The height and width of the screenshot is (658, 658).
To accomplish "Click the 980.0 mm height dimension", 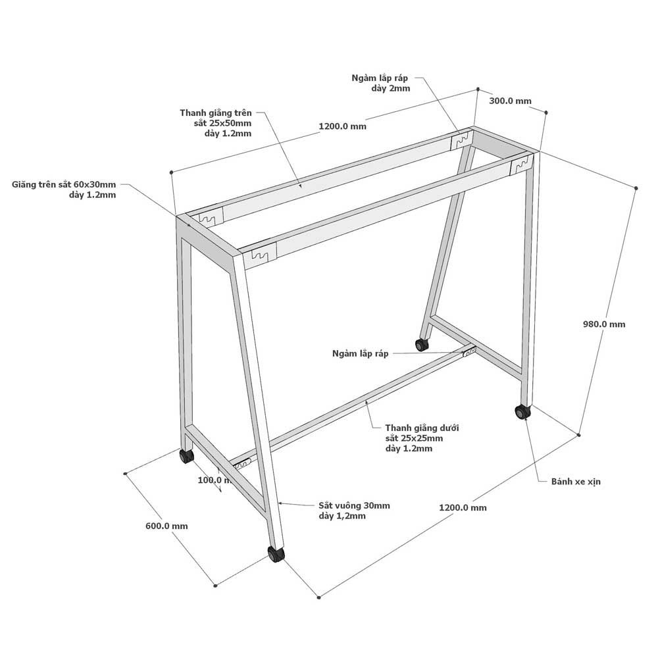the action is (604, 324).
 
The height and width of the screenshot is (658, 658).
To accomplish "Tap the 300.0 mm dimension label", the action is (511, 101).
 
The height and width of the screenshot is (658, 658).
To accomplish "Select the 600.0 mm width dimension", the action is (166, 526).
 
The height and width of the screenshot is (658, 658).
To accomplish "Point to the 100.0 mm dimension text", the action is (214, 480).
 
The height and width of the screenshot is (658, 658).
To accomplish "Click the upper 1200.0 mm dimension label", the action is (342, 126).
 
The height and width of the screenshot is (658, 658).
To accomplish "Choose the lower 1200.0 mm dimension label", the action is (463, 507).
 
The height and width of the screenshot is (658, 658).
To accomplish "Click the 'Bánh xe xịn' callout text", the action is (576, 482).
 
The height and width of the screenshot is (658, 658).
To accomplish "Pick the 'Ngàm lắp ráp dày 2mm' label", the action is (380, 83).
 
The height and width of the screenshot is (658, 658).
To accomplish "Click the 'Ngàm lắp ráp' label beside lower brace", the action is (360, 353).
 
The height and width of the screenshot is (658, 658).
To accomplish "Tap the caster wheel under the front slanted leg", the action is (276, 554).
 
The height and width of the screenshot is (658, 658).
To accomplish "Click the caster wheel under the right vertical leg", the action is (523, 412).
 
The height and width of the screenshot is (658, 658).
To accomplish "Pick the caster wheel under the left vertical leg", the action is (186, 456).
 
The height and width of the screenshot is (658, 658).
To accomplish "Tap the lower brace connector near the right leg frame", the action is (468, 351).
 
